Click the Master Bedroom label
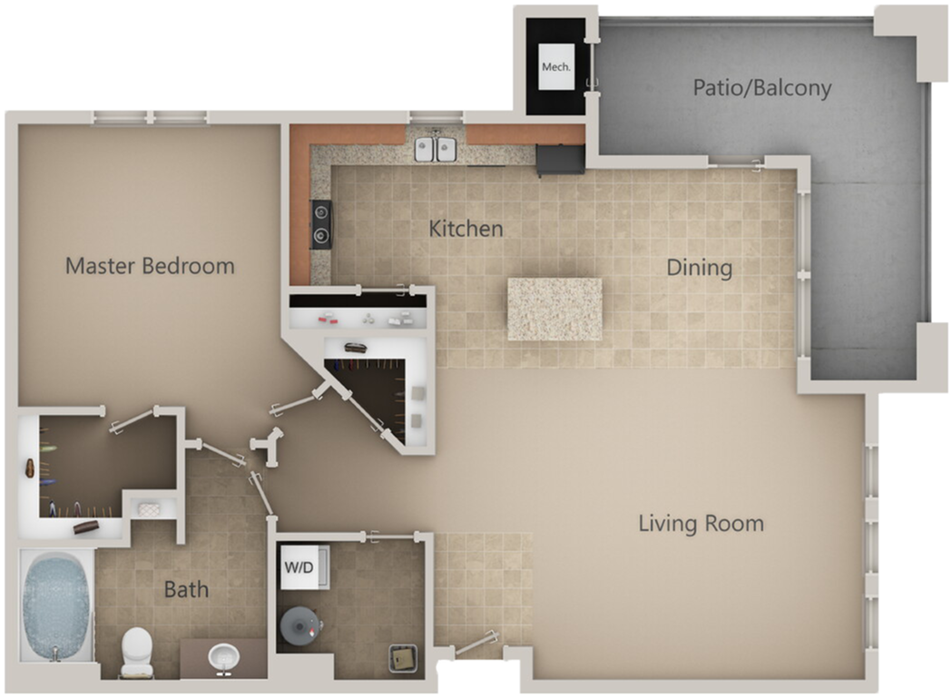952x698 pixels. tap(150, 266)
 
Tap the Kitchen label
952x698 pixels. tap(466, 229)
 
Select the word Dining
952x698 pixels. tap(700, 268)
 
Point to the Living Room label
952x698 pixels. tap(702, 524)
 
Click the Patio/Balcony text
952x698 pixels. tap(762, 88)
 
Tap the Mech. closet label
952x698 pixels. tap(556, 67)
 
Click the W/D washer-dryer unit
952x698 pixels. tap(304, 567)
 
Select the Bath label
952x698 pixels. tap(186, 589)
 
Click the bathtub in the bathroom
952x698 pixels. tap(56, 606)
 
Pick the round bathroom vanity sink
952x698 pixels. tap(223, 658)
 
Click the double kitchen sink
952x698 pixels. tap(436, 149)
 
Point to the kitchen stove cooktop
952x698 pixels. tap(321, 224)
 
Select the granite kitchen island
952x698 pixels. tap(555, 310)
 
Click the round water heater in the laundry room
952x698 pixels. tap(299, 625)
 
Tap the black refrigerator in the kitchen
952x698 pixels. tap(560, 160)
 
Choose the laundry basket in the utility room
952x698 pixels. tap(403, 659)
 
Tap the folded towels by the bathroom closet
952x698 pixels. tap(149, 509)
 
